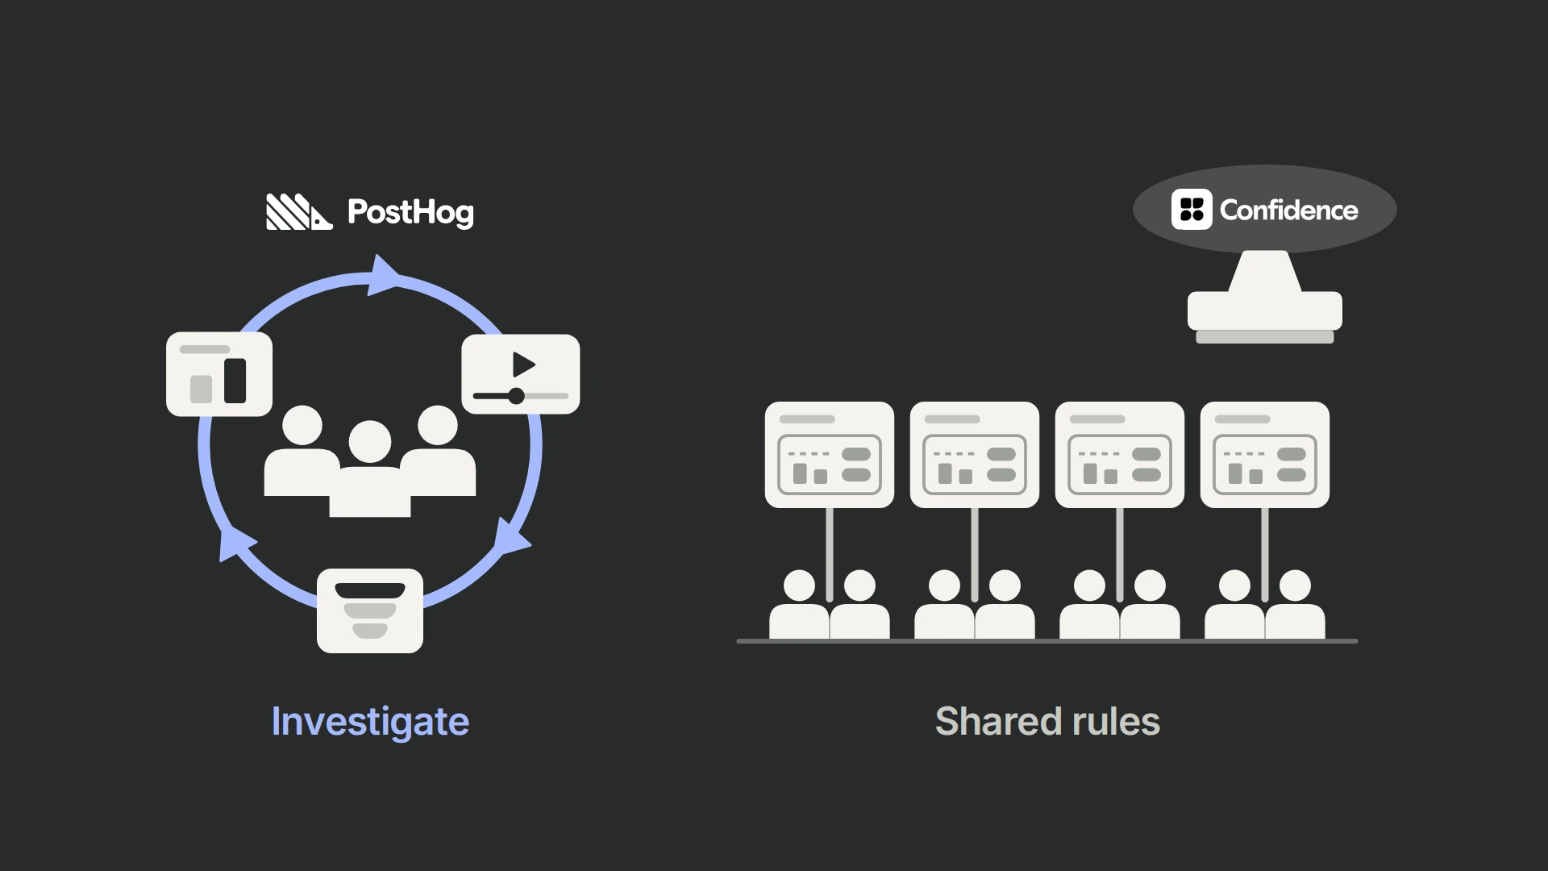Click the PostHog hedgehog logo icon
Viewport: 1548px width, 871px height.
pos(299,212)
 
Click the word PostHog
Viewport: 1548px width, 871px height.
pos(410,213)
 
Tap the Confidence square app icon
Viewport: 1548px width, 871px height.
pos(1192,210)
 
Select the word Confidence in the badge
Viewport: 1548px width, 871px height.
pos(1288,210)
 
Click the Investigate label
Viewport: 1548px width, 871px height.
pos(370,722)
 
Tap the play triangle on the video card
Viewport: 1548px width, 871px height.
pos(524,365)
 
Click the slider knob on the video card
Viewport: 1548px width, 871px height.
pos(516,396)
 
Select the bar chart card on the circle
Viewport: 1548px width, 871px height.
pos(219,374)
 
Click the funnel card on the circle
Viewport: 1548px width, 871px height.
pos(370,611)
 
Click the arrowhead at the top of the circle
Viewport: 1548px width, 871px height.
pos(385,275)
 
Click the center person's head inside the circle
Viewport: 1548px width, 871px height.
pos(370,442)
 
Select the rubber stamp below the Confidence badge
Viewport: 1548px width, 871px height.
pos(1265,296)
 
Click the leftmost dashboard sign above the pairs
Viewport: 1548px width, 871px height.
pos(830,455)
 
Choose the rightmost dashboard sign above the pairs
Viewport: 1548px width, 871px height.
pos(1265,455)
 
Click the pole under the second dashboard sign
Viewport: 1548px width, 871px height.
pos(975,555)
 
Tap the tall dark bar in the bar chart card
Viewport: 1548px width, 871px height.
pos(235,381)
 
